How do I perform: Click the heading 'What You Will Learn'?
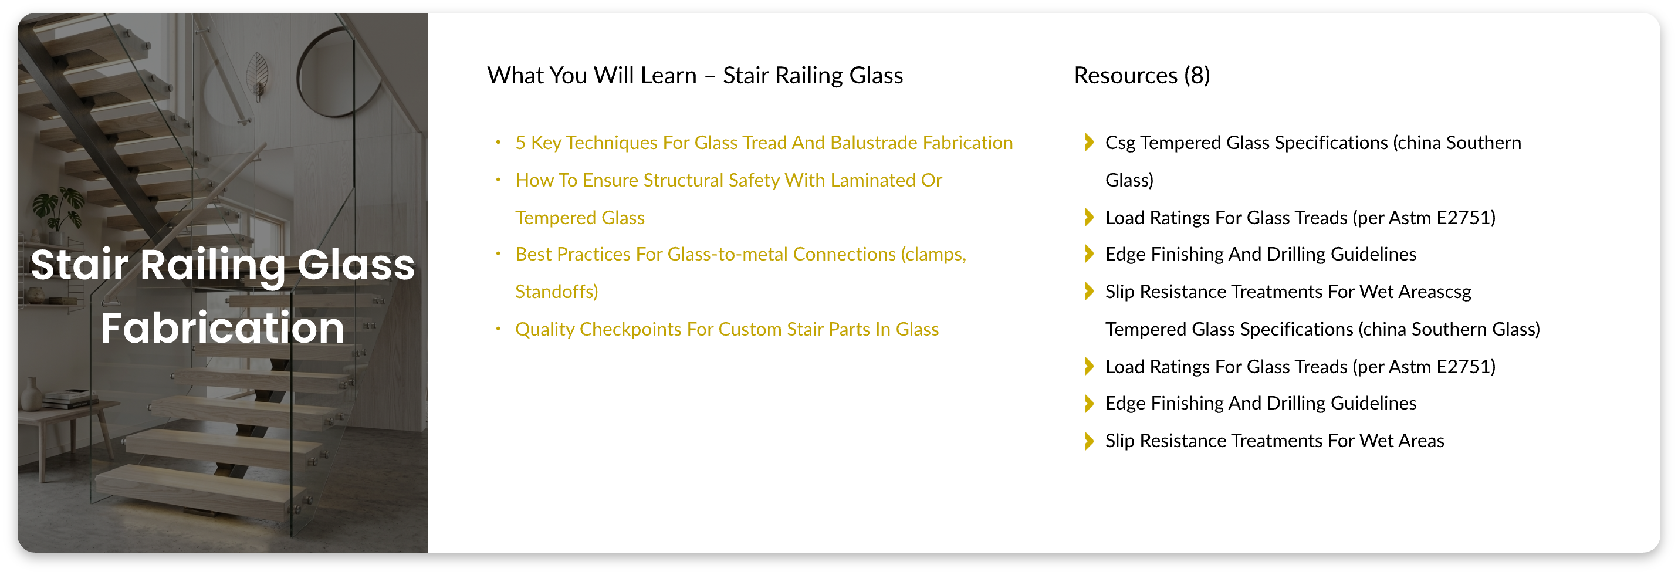tap(592, 76)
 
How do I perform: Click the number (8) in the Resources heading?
tap(1197, 76)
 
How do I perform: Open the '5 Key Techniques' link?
tap(763, 143)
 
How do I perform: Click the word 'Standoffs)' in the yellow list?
tap(556, 292)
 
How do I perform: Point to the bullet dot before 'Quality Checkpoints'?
tap(498, 329)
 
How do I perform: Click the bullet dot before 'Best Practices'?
tap(498, 254)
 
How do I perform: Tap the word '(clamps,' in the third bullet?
tap(933, 255)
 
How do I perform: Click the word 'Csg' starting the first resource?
tap(1121, 143)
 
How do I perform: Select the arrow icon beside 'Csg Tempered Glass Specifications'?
tap(1088, 143)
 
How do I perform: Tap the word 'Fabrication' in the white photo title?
tap(223, 328)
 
